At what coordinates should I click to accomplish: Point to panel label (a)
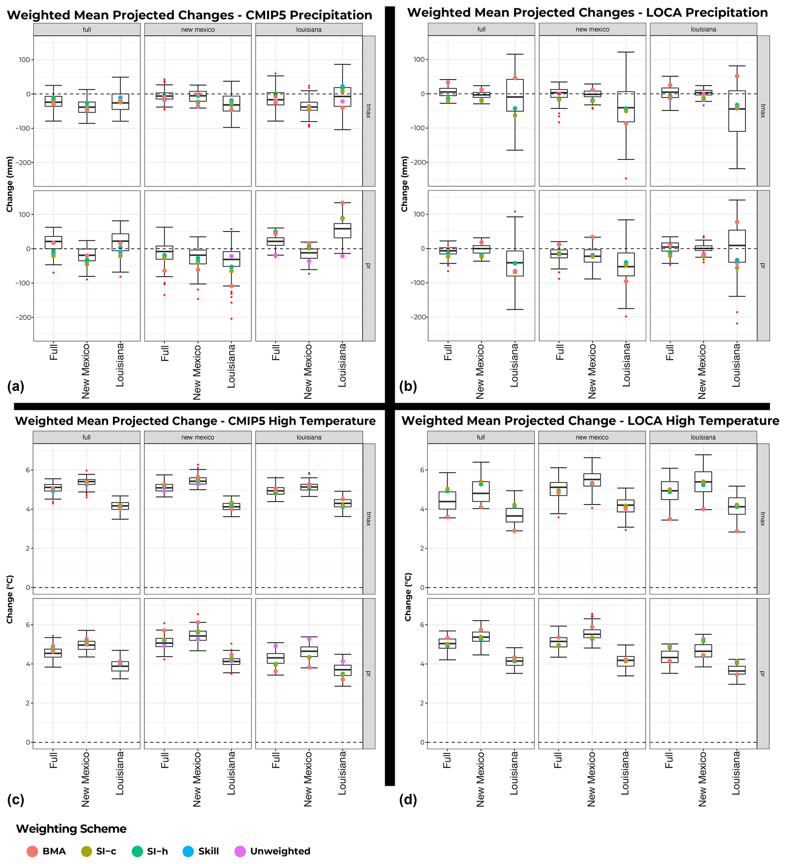(16, 387)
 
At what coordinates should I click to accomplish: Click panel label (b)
(408, 387)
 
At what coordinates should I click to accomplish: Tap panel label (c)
(16, 800)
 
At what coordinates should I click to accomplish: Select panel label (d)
(408, 800)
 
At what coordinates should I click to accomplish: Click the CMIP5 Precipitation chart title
(189, 15)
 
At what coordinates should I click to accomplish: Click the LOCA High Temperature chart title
(590, 421)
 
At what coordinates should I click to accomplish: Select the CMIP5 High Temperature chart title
(195, 421)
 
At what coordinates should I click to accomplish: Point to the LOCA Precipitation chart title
(588, 13)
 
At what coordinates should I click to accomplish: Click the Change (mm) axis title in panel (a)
(10, 184)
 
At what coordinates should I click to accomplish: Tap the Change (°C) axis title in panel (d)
(408, 597)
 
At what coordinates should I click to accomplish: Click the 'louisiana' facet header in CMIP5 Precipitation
(308, 30)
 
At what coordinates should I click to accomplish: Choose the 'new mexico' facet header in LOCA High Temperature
(591, 437)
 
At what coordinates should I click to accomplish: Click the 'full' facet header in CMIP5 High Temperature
(87, 437)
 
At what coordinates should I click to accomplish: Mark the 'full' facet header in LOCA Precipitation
(481, 29)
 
